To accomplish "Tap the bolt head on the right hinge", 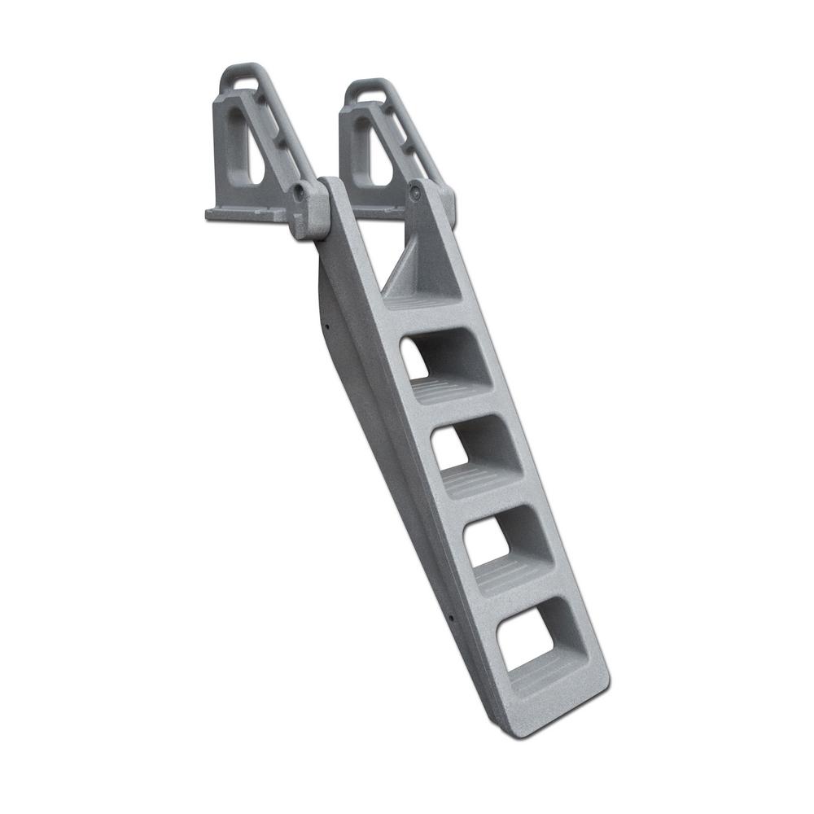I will tap(416, 192).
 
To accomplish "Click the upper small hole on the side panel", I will tap(325, 329).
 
